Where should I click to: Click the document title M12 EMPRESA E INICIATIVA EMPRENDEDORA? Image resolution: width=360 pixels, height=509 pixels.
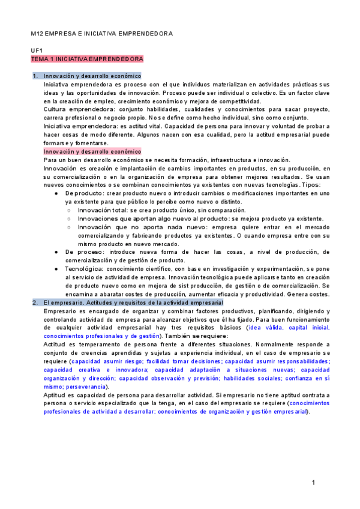(x=101, y=34)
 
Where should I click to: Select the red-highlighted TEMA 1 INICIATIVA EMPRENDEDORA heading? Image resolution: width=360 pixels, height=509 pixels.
(x=87, y=60)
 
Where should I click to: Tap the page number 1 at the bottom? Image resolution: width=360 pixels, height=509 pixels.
(x=313, y=483)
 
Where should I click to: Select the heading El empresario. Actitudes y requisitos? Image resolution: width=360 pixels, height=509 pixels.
(x=133, y=303)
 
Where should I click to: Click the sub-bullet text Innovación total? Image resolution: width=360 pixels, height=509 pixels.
(x=102, y=211)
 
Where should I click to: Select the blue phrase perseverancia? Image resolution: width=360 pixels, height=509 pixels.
(x=82, y=387)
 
